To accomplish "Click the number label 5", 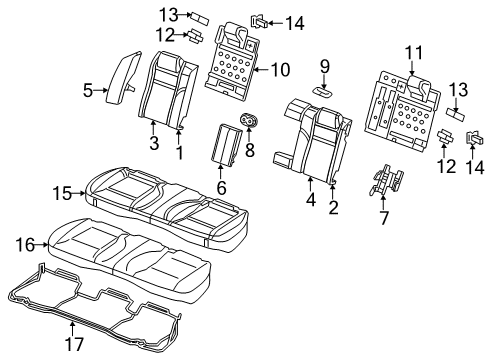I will click(87, 91).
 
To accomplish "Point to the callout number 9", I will click(324, 66).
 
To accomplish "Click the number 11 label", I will click(412, 51).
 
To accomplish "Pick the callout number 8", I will click(249, 151).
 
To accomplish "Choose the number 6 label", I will click(221, 187).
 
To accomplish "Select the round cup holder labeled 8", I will click(249, 122).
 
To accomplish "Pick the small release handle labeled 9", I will click(324, 89).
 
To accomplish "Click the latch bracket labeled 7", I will click(385, 180).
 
